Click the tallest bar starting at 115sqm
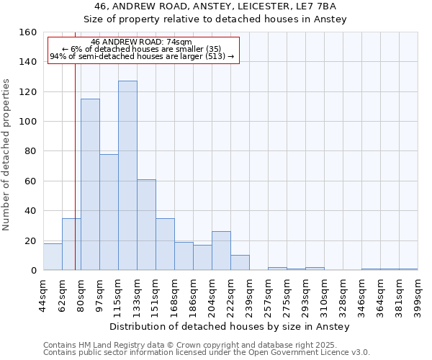[x=127, y=176]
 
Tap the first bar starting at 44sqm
[x=53, y=257]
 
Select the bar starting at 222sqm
[x=240, y=263]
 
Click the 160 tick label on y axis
[x=28, y=32]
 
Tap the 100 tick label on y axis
[x=28, y=122]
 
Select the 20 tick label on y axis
[x=31, y=240]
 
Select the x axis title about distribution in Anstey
[x=230, y=326]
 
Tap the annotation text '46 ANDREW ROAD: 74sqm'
[x=142, y=42]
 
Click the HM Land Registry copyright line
[x=205, y=345]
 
